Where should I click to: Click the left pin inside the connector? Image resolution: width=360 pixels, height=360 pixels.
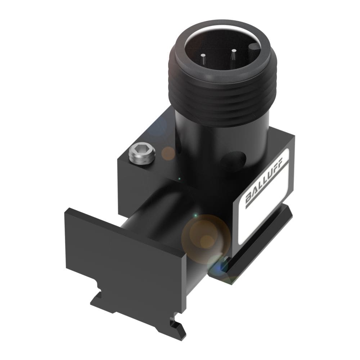pos(203,58)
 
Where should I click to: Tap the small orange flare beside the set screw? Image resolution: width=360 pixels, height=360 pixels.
pos(168,153)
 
